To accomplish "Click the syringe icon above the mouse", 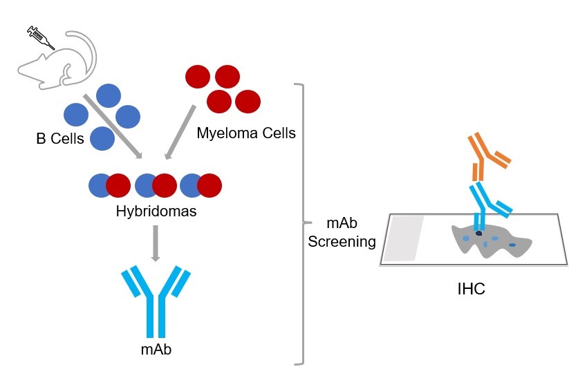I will coord(40,37).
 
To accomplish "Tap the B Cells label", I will coord(60,139).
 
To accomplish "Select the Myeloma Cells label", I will coord(245,133).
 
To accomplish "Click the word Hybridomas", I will coord(156,211).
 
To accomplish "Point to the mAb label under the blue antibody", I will coord(156,349).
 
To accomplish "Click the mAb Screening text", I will coord(342,233).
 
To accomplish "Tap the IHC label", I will coord(471,289).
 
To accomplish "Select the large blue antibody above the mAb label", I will coord(156,298).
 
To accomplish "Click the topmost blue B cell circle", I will coord(109,95).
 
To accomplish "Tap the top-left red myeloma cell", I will coord(197,76).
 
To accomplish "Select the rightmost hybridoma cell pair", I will coord(201,185).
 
